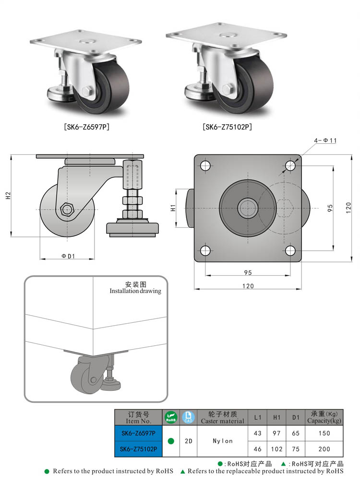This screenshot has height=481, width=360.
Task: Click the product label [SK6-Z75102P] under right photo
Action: pyautogui.click(x=227, y=127)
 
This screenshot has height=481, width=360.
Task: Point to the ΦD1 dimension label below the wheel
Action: pyautogui.click(x=68, y=256)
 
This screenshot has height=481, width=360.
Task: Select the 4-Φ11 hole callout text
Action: pyautogui.click(x=326, y=140)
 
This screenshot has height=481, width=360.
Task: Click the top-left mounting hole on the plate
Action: pyautogui.click(x=205, y=166)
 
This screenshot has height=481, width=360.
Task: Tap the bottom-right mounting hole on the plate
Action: pyautogui.click(x=290, y=250)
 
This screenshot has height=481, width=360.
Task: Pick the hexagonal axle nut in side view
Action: pyautogui.click(x=67, y=209)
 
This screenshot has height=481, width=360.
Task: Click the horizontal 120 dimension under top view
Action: pyautogui.click(x=248, y=286)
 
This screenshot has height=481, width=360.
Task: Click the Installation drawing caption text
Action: pyautogui.click(x=135, y=291)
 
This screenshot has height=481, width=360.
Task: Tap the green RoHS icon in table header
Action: pyautogui.click(x=171, y=417)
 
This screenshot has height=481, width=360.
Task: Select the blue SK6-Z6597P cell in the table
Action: pyautogui.click(x=138, y=433)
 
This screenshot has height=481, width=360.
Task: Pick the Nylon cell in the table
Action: pyautogui.click(x=222, y=441)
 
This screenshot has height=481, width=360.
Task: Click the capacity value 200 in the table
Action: pyautogui.click(x=325, y=449)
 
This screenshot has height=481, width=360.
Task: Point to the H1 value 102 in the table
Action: pyautogui.click(x=276, y=449)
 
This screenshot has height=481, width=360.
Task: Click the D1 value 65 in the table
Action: pyautogui.click(x=296, y=433)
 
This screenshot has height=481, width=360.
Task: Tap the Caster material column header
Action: pyautogui.click(x=222, y=417)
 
